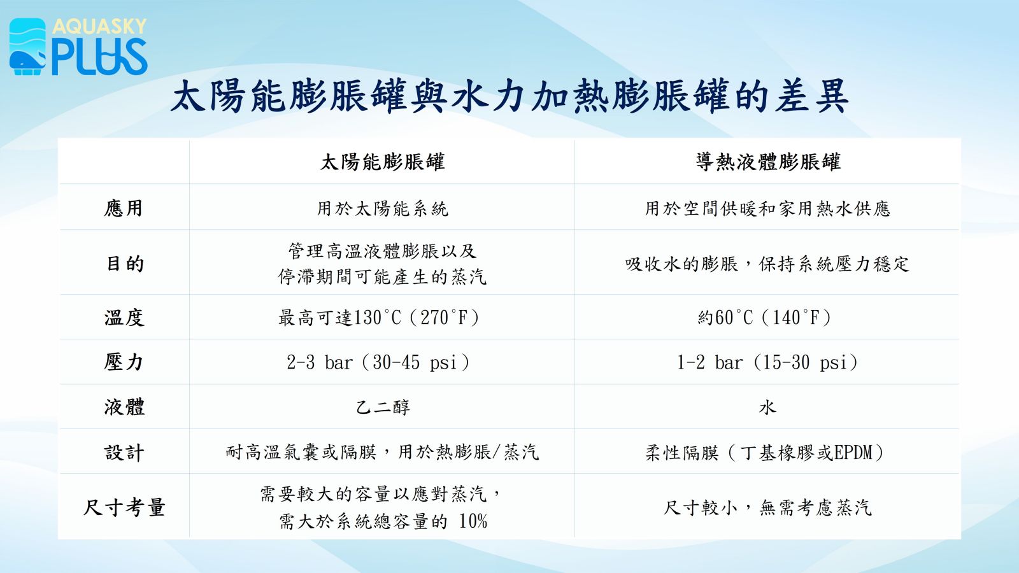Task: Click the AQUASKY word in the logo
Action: tap(99, 26)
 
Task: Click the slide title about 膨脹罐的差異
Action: tap(509, 96)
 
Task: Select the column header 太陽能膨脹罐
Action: tap(382, 162)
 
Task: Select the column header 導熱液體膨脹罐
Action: tap(768, 162)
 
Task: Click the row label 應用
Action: tap(124, 208)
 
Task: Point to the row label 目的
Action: tap(125, 264)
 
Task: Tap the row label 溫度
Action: tap(124, 318)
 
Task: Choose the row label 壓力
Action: tap(124, 362)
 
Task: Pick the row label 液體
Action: tap(124, 407)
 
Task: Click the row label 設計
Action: tap(124, 453)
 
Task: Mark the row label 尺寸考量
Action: tap(124, 507)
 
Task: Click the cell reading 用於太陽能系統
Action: tap(383, 209)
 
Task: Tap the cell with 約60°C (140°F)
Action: tap(765, 318)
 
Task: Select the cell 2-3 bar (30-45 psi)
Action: tap(378, 362)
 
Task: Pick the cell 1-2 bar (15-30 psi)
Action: tap(767, 362)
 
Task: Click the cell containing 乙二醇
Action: tap(383, 407)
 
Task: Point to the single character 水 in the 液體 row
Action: tap(767, 407)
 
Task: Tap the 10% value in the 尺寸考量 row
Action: tap(473, 521)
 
